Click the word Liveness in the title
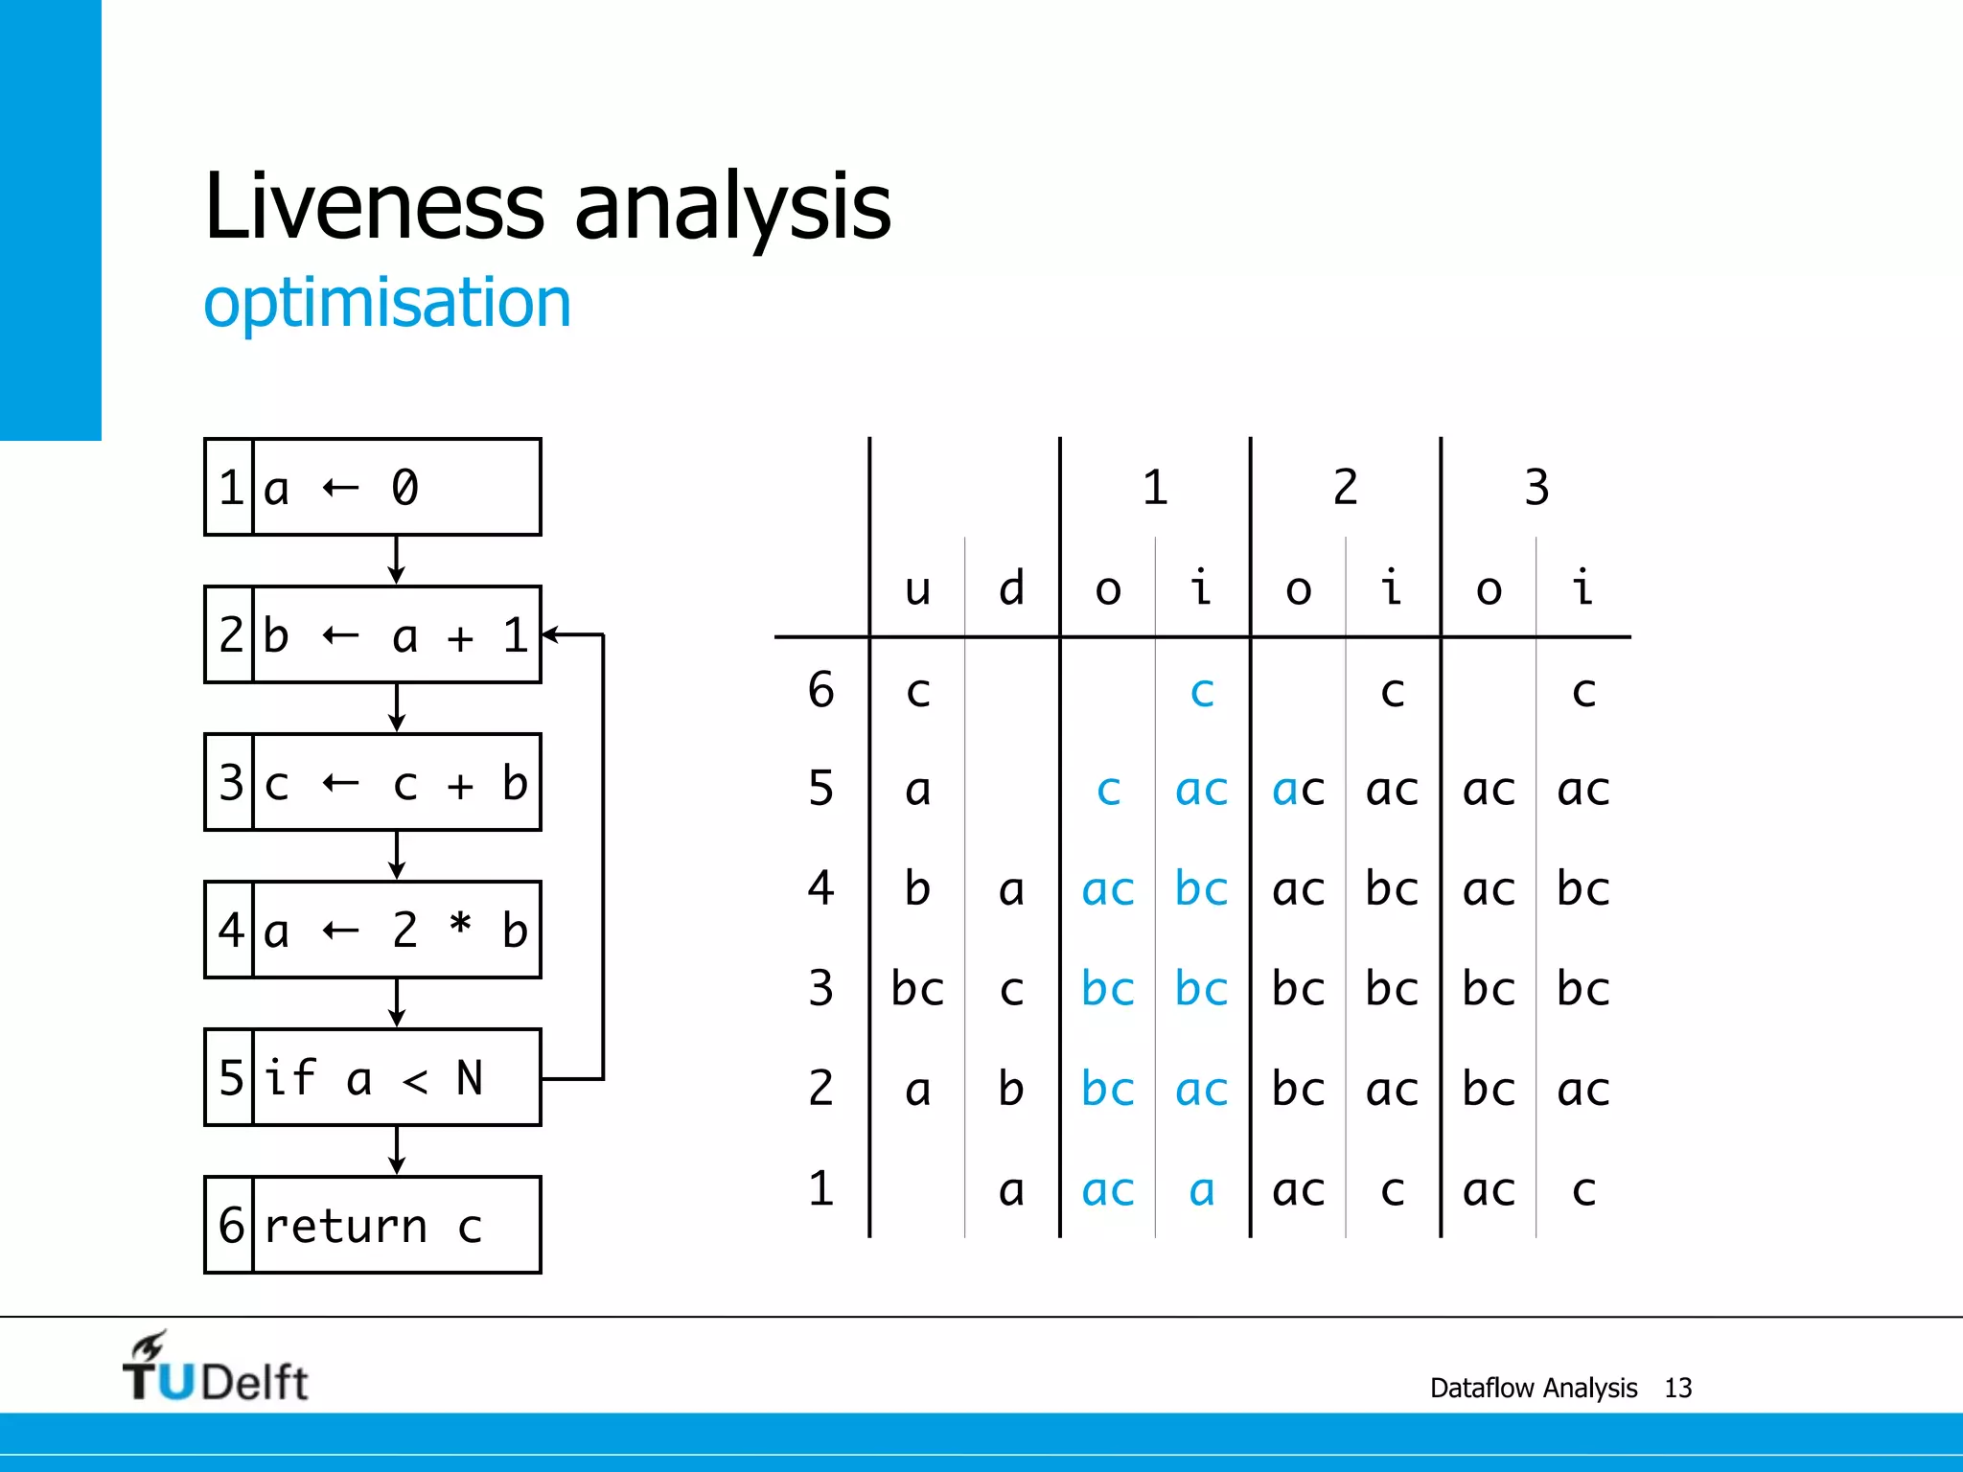[x=374, y=206]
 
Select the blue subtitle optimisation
[x=387, y=303]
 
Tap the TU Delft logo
[x=215, y=1368]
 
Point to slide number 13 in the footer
[x=1677, y=1388]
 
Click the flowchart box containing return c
[x=373, y=1225]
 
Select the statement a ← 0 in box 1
[x=340, y=488]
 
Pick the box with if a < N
[x=373, y=1078]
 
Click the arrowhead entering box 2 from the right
[x=550, y=634]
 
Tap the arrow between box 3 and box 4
[x=397, y=856]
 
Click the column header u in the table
[x=917, y=588]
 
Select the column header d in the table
[x=1011, y=588]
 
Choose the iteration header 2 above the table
[x=1345, y=487]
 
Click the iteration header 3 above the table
[x=1536, y=487]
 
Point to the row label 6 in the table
[x=820, y=690]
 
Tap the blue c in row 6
[x=1202, y=692]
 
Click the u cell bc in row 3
[x=917, y=989]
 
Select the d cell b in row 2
[x=1011, y=1089]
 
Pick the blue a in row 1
[x=1202, y=1190]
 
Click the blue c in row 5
[x=1108, y=791]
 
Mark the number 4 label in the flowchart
[x=230, y=930]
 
